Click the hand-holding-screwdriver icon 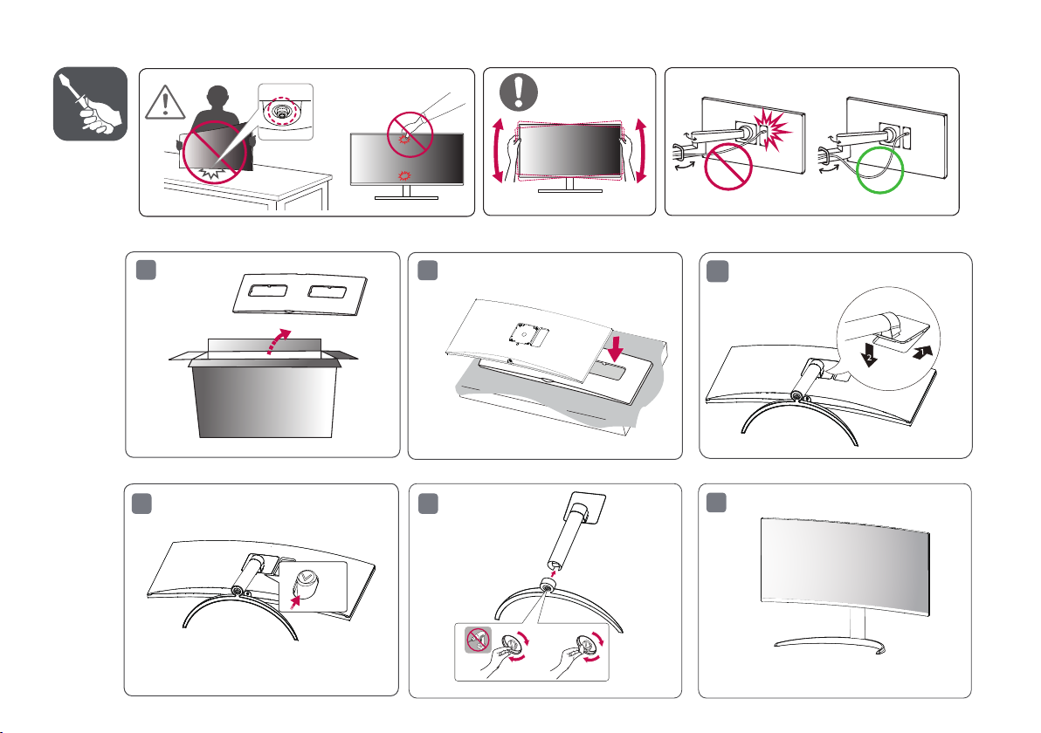[91, 104]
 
